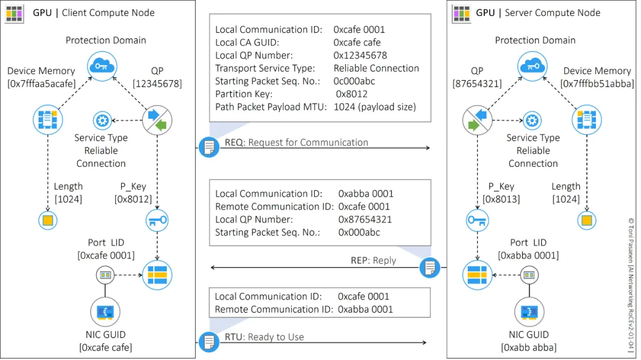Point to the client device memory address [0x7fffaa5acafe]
(42, 84)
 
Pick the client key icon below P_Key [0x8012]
(157, 220)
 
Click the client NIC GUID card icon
(105, 311)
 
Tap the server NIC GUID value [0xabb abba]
(529, 348)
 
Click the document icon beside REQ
(208, 146)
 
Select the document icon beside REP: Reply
(430, 267)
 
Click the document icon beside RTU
(208, 342)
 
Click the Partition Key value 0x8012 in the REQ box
(351, 94)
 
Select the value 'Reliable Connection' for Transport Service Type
(376, 68)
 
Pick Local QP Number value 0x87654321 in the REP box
(365, 219)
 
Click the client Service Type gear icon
(102, 121)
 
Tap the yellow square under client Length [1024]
(47, 221)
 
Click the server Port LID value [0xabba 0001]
(528, 256)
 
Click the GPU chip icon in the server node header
(461, 12)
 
